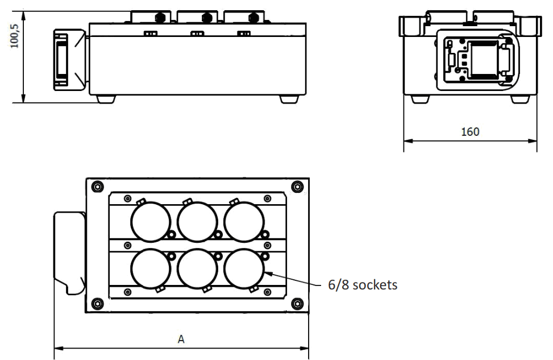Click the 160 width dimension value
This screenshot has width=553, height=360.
pyautogui.click(x=469, y=132)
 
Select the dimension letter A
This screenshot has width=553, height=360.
pyautogui.click(x=181, y=340)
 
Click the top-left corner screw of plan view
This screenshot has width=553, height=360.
pyautogui.click(x=98, y=187)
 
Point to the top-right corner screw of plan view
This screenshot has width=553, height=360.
pyautogui.click(x=296, y=187)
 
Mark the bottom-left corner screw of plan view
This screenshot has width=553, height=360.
pyautogui.click(x=98, y=303)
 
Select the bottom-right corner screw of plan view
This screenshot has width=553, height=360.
pyautogui.click(x=296, y=303)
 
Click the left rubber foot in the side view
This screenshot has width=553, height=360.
pyautogui.click(x=106, y=99)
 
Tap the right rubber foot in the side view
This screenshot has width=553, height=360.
pyautogui.click(x=289, y=99)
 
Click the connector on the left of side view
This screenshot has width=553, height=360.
pyautogui.click(x=61, y=59)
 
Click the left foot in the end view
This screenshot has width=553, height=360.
pyautogui.click(x=420, y=99)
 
